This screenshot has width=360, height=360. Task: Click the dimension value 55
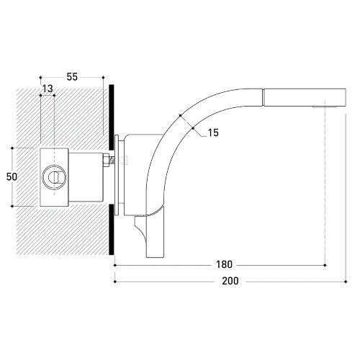coord(72,77)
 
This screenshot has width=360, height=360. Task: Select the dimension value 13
coord(48,89)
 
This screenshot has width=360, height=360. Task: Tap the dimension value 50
coord(12,177)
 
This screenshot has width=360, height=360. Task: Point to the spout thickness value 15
coord(213,132)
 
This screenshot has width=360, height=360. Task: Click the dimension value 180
coord(225,264)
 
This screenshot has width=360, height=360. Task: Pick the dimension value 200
coord(230,281)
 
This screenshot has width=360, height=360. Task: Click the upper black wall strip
coord(112,117)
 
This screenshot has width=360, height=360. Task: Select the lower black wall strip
coord(112,230)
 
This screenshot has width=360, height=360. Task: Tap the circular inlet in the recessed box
coord(54,177)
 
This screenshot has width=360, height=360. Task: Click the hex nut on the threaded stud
coord(106,161)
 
